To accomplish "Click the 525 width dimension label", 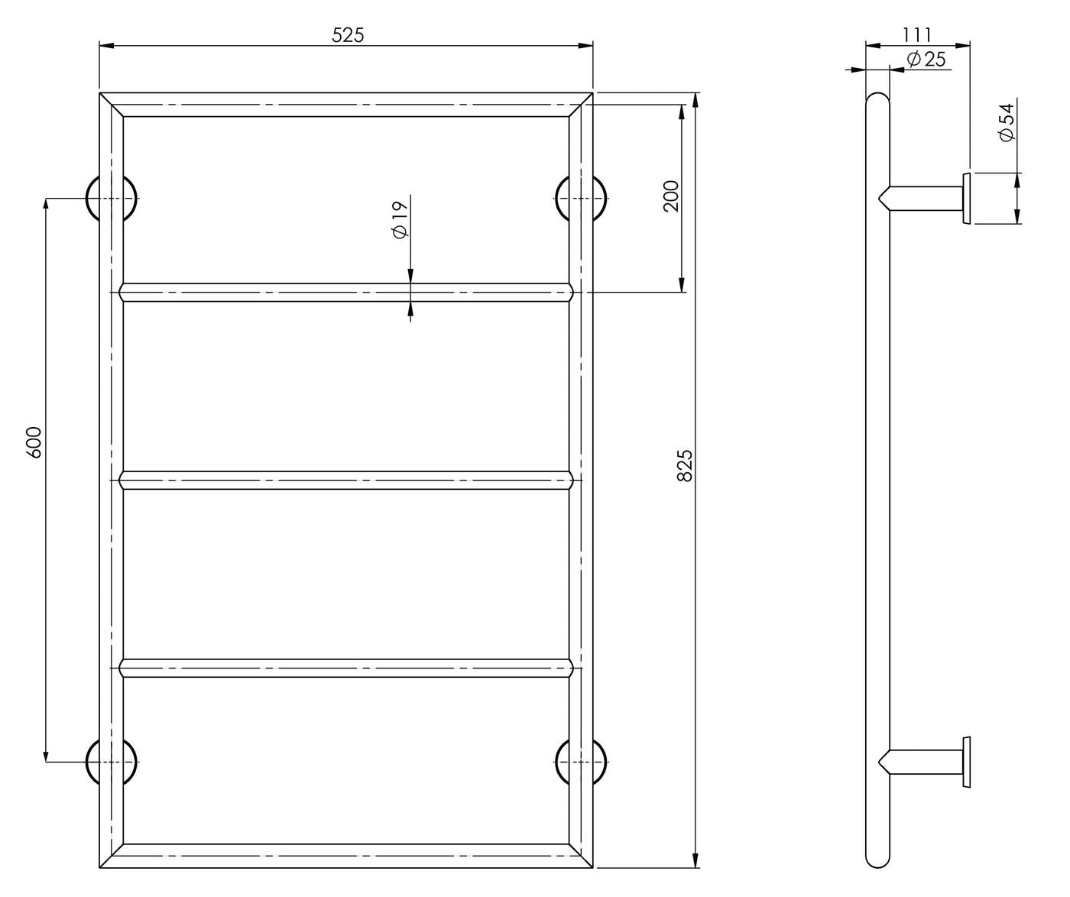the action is pos(348,35).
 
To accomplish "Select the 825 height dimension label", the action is pos(685,465).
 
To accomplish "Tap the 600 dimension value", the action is pos(34,442).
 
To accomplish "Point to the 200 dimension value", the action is pos(670,196).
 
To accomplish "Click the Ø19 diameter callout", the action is pos(400,220).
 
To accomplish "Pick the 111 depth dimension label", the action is pos(917,35).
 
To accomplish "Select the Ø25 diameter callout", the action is pos(926,59).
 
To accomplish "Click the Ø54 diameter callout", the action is pos(1007,122).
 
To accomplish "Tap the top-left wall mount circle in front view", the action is pos(111,198).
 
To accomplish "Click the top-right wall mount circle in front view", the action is pos(581,198).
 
